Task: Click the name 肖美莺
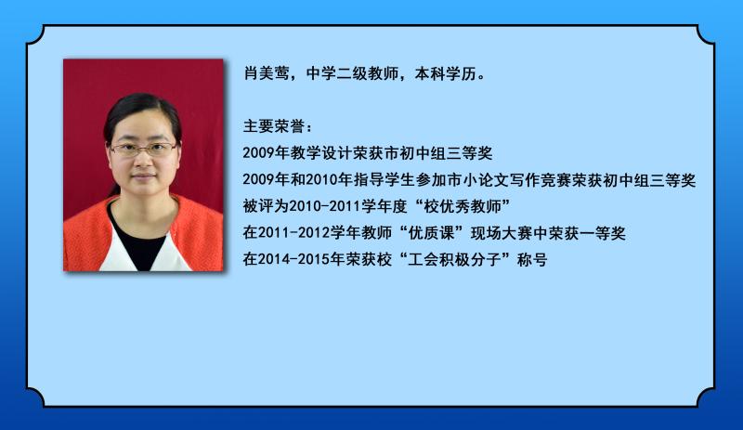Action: [267, 73]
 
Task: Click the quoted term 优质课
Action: [431, 233]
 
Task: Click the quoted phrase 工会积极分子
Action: [454, 259]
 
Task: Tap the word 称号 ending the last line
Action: [532, 259]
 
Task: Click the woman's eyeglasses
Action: [143, 150]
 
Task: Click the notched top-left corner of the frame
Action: [35, 34]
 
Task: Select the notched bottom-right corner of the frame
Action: [706, 397]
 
